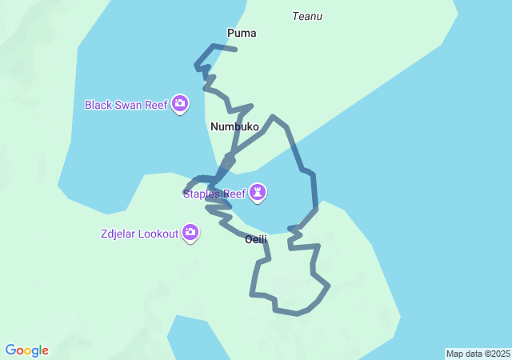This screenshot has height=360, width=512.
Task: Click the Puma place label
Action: (x=242, y=33)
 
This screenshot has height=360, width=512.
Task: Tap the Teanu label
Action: (x=307, y=16)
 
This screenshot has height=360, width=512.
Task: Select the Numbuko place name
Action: (x=235, y=126)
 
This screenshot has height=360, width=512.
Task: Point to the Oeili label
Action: (x=256, y=239)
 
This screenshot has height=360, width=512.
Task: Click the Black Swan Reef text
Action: (x=127, y=105)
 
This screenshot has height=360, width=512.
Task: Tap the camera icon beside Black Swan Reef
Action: (x=181, y=104)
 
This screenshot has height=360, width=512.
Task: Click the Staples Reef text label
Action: (x=214, y=194)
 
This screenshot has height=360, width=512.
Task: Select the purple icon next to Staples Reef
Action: (x=258, y=193)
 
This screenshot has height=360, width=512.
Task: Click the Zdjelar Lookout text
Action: (x=139, y=234)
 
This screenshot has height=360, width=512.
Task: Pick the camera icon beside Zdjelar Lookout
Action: (x=190, y=233)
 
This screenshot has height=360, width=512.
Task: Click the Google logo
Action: (x=27, y=350)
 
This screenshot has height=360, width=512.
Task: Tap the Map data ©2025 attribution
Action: (x=478, y=354)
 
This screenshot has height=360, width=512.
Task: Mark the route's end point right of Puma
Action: (x=235, y=50)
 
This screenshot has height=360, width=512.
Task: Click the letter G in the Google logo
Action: (x=10, y=350)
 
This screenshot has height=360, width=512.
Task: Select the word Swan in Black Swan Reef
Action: (x=133, y=105)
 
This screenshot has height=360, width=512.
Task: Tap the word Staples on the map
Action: (x=201, y=194)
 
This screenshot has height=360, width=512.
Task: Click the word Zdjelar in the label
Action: (x=118, y=234)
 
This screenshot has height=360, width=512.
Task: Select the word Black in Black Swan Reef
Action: (x=100, y=105)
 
